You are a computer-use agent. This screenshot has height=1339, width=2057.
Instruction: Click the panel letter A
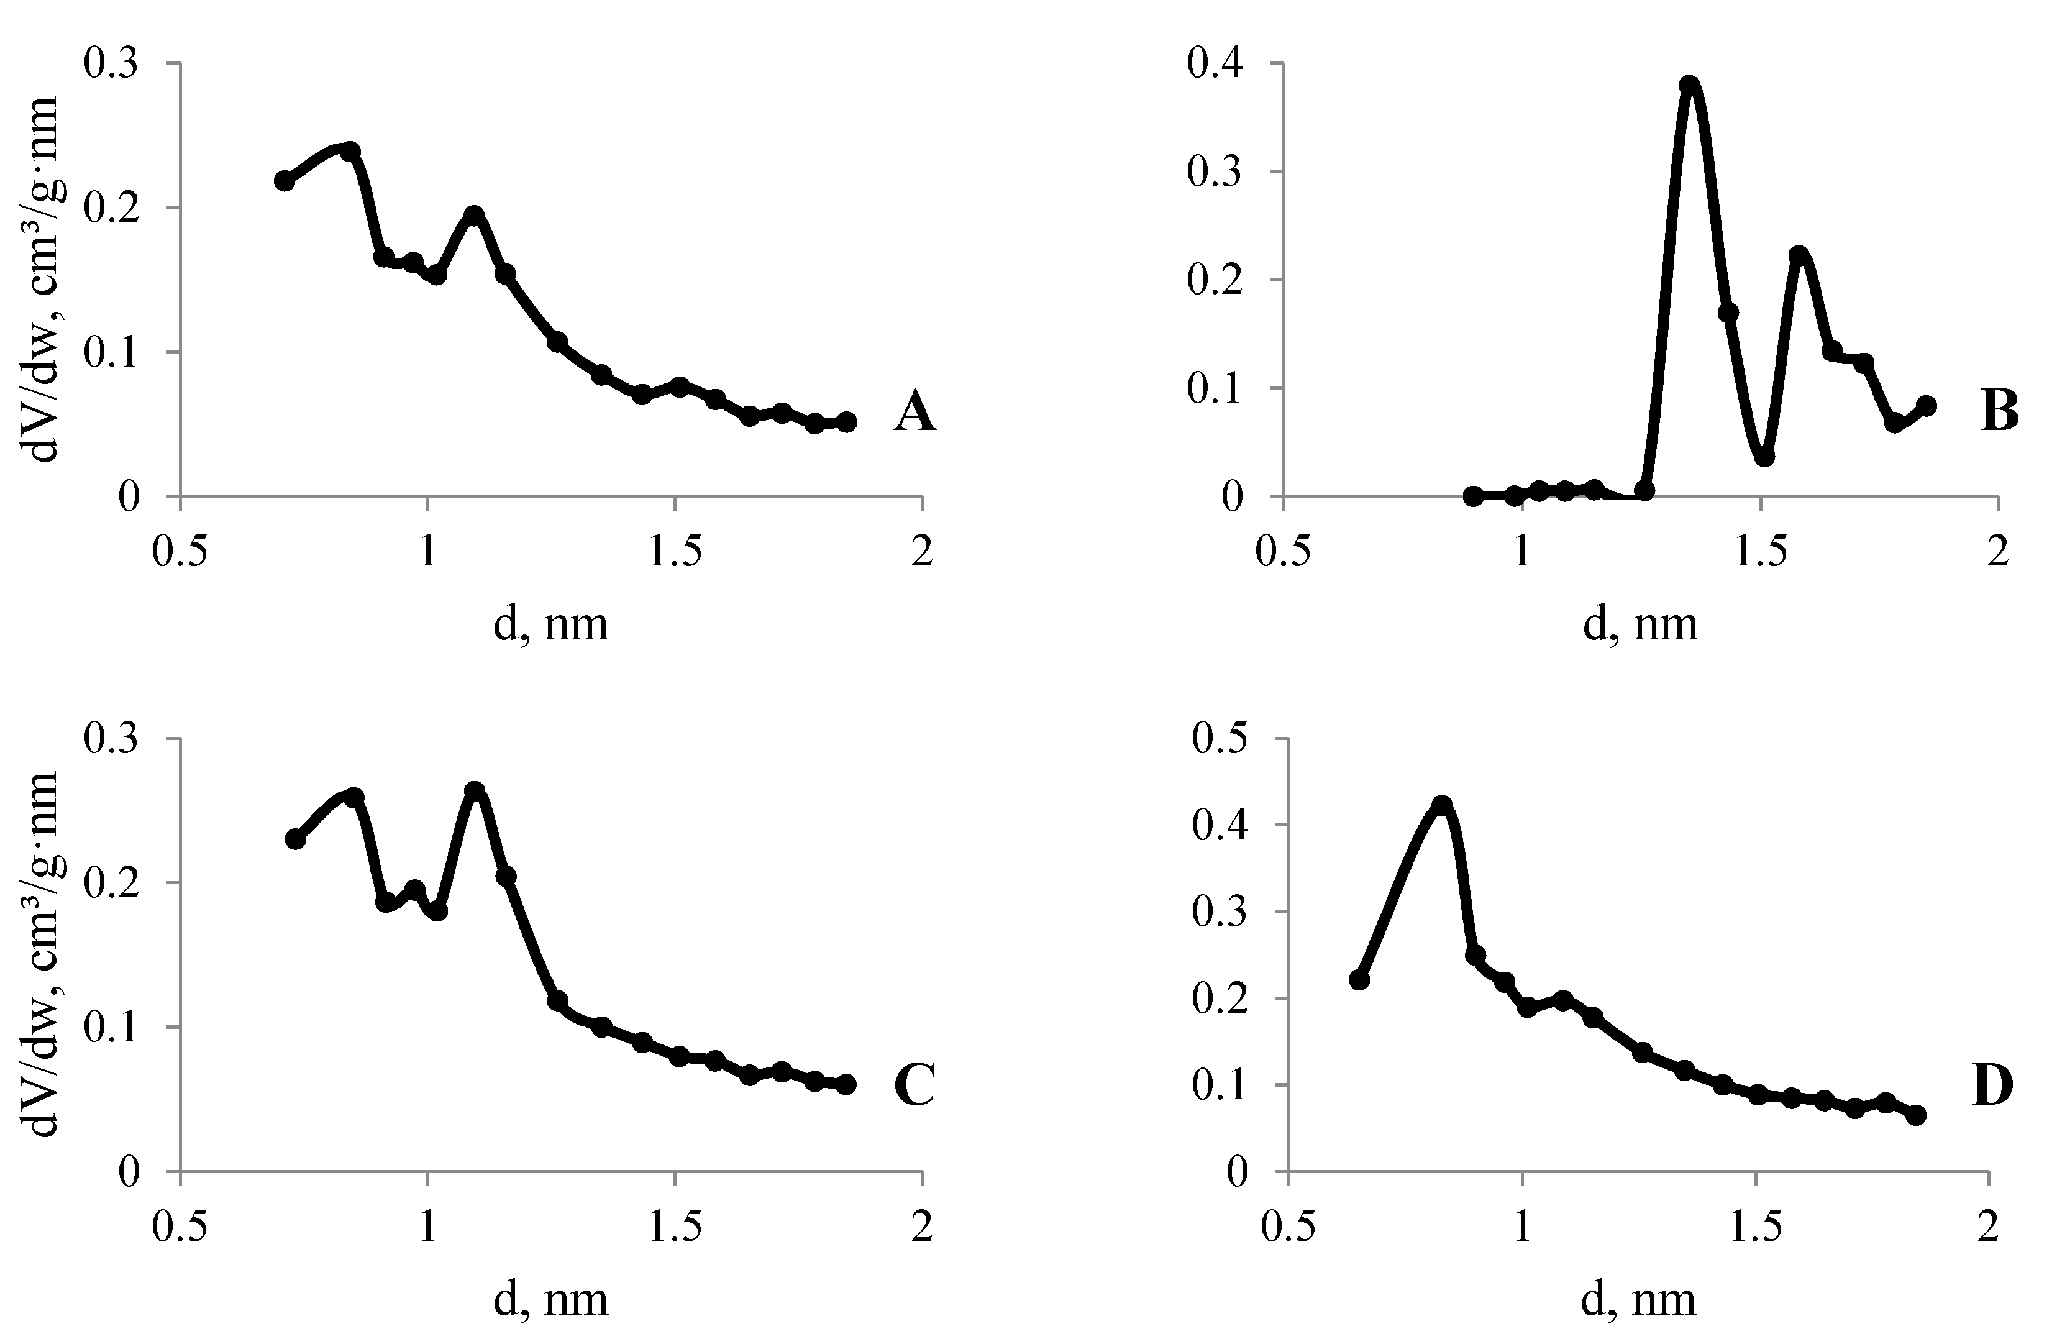[x=914, y=413]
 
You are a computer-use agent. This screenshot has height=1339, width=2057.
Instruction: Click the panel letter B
[x=1999, y=413]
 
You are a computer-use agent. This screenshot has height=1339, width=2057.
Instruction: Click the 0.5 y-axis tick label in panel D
[x=1220, y=739]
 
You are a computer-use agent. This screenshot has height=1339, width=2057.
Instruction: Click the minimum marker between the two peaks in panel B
[x=1764, y=457]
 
